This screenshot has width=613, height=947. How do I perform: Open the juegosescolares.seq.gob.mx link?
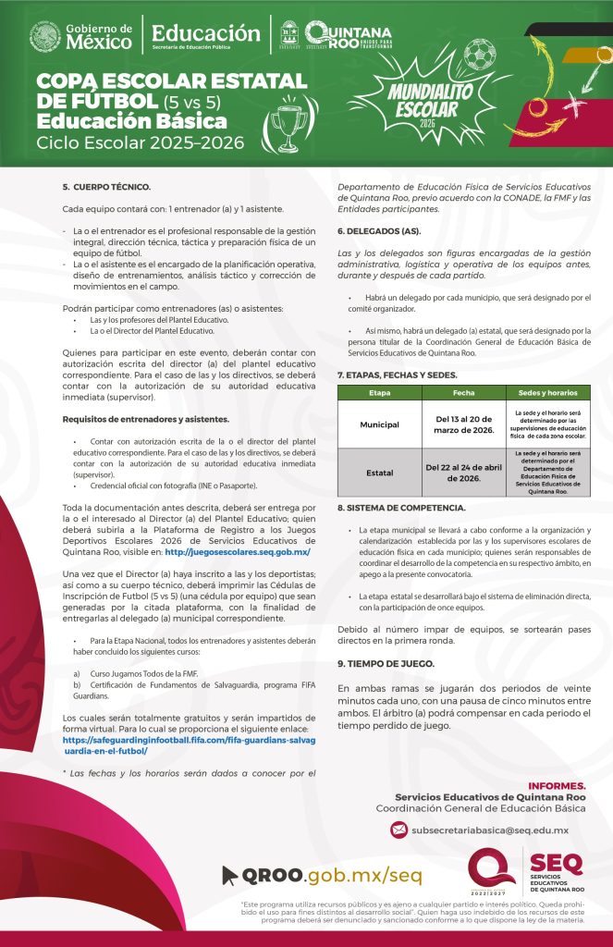point(237,552)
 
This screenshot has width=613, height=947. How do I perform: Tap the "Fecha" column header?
point(463,393)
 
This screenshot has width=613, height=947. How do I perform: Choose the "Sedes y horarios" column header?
point(548,393)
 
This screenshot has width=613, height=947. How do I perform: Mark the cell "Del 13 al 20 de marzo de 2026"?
point(463,424)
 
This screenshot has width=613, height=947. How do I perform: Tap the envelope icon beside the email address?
point(398,830)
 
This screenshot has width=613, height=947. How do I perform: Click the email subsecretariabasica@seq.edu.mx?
point(490,831)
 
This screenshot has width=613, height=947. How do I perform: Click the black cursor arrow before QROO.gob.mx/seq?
point(231,874)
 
